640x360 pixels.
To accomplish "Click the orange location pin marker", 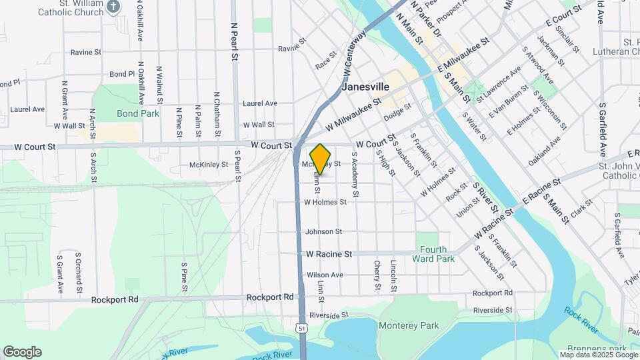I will tap(321, 159).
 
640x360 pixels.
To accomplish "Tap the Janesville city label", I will tap(365, 87).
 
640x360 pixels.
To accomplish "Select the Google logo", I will tap(22, 352).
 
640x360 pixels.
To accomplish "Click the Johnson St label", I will tap(323, 232).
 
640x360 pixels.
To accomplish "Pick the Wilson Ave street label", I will tap(325, 275).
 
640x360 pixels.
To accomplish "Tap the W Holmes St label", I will tap(325, 202).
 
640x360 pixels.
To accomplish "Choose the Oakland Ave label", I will tap(542, 151).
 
